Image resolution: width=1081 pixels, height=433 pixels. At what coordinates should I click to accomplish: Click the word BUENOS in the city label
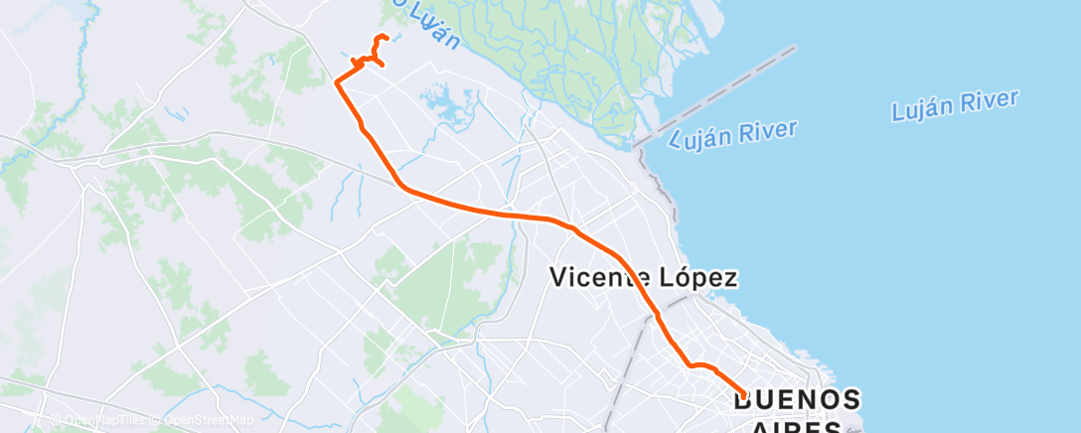[797, 400]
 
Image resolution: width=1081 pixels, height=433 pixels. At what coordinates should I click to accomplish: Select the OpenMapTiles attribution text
[102, 420]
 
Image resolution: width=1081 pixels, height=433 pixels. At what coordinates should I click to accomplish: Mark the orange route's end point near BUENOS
[743, 397]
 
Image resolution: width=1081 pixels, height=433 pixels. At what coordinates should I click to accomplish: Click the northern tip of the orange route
[380, 37]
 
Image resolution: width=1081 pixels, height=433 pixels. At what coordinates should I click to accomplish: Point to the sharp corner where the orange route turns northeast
[338, 82]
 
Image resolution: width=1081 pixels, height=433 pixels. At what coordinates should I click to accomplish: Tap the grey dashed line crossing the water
[715, 94]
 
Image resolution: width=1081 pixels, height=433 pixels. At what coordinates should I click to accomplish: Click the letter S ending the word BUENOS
[850, 400]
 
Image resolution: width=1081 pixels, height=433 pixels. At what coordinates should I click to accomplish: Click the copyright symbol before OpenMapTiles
[58, 420]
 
